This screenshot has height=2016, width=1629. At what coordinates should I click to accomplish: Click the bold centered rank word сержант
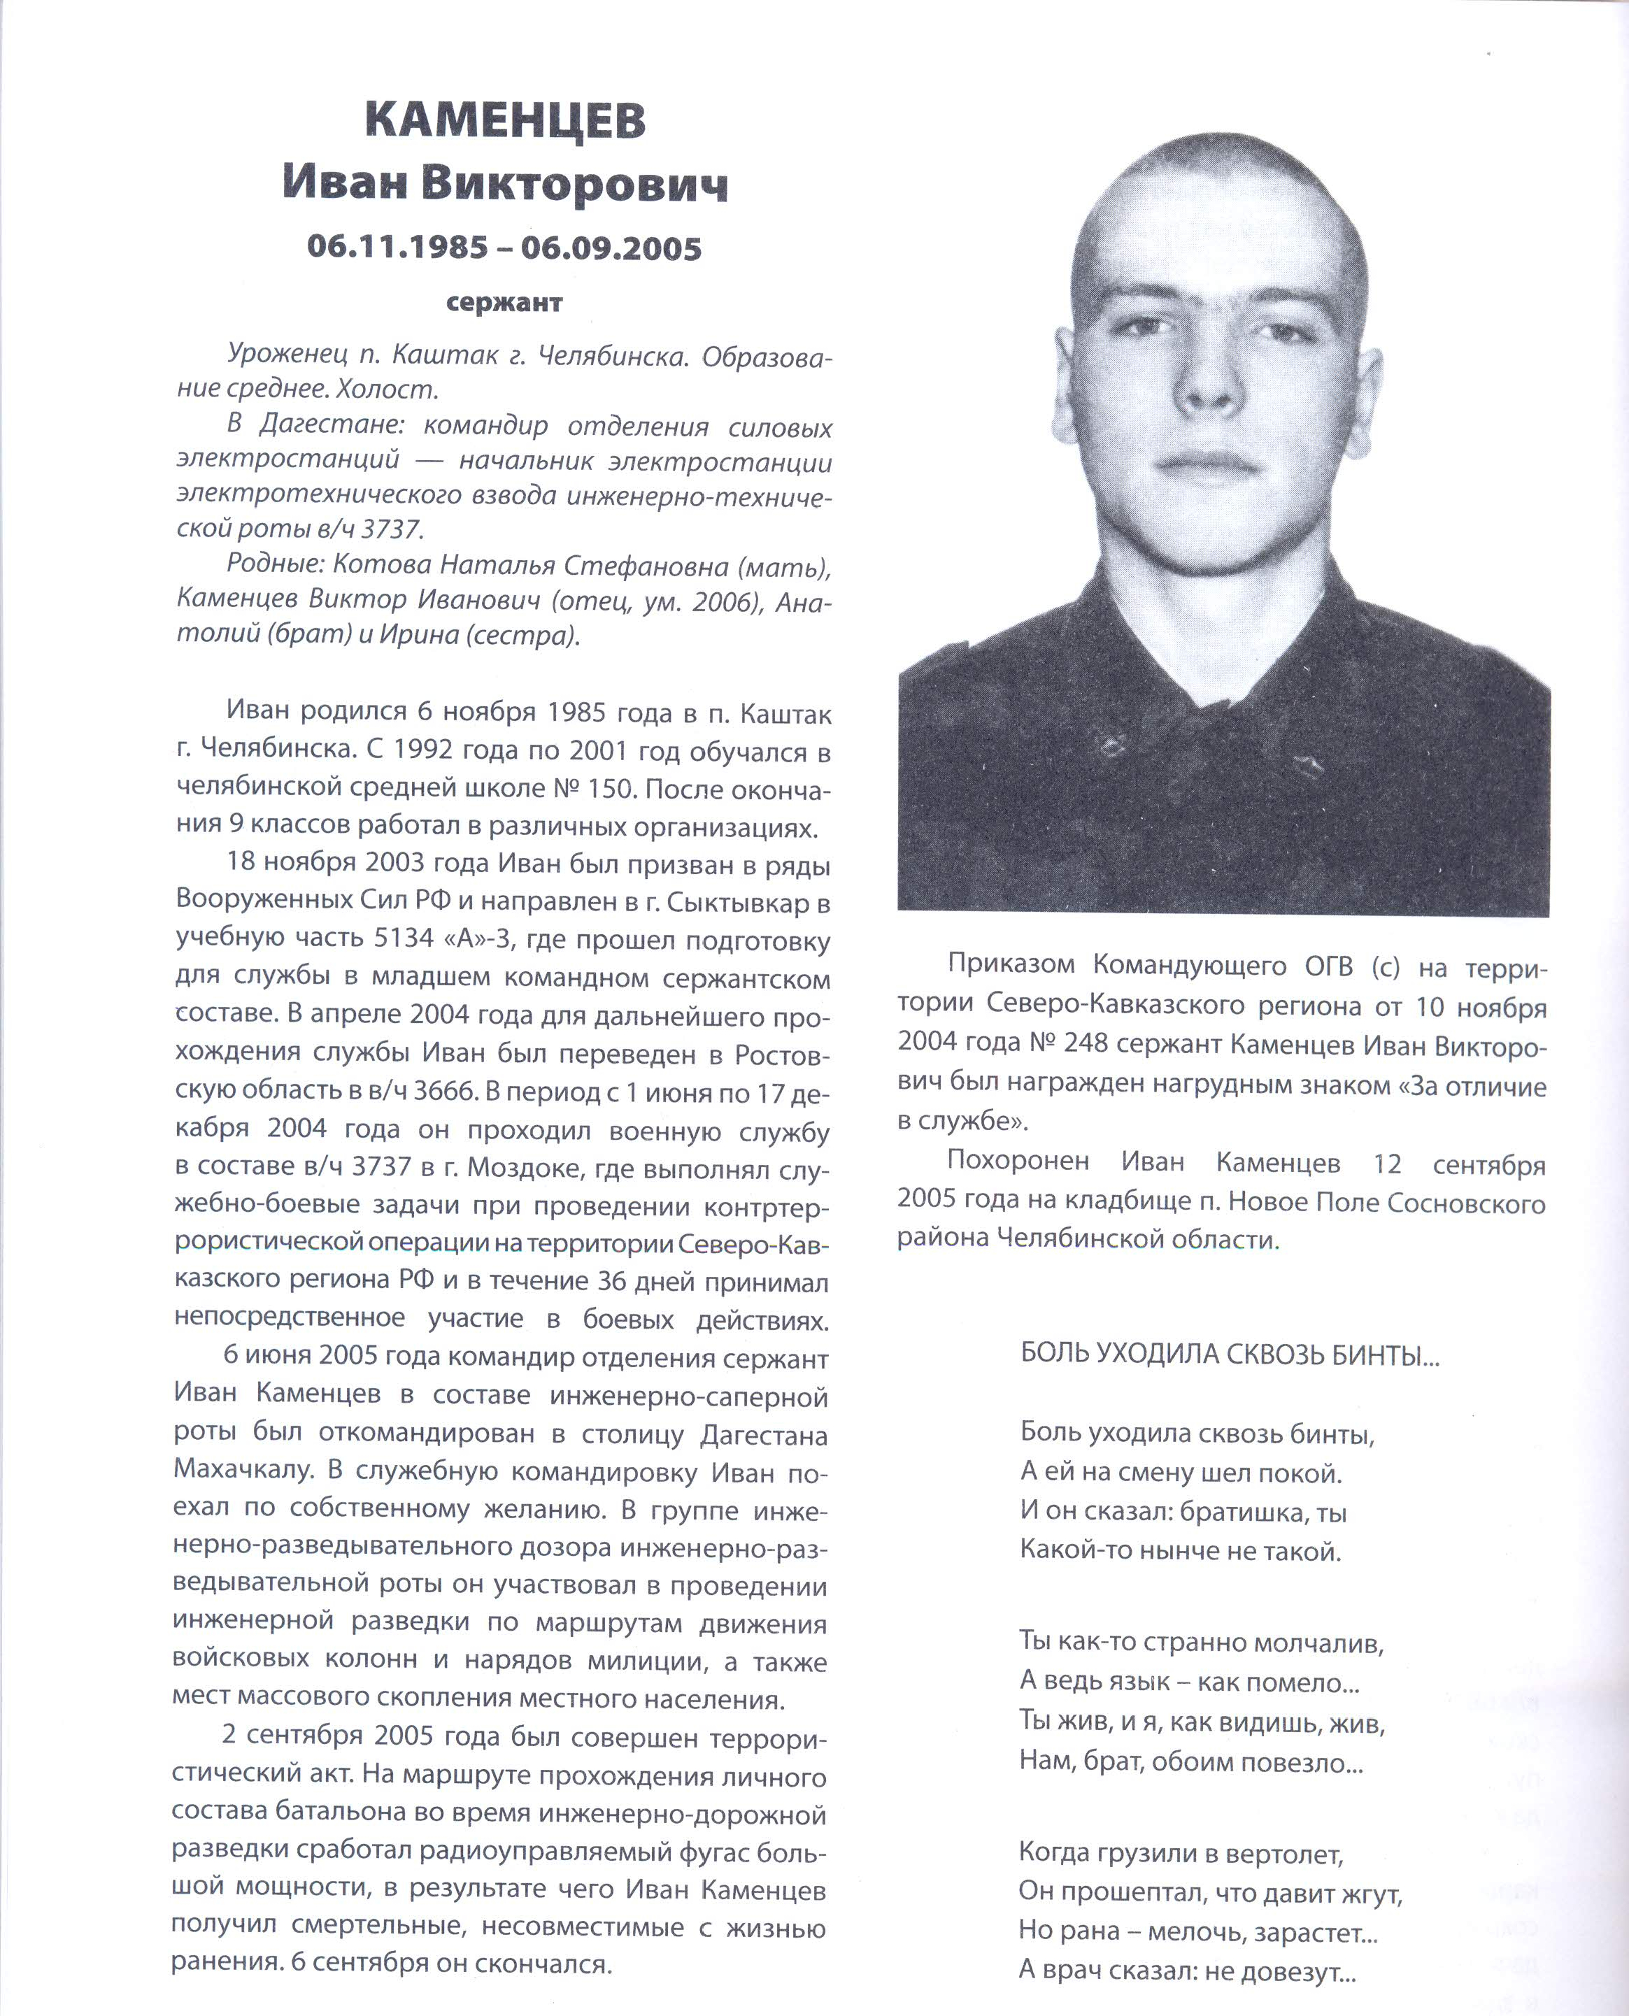[504, 303]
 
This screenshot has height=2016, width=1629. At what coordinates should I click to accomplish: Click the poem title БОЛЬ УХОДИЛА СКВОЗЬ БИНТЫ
[1228, 1354]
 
